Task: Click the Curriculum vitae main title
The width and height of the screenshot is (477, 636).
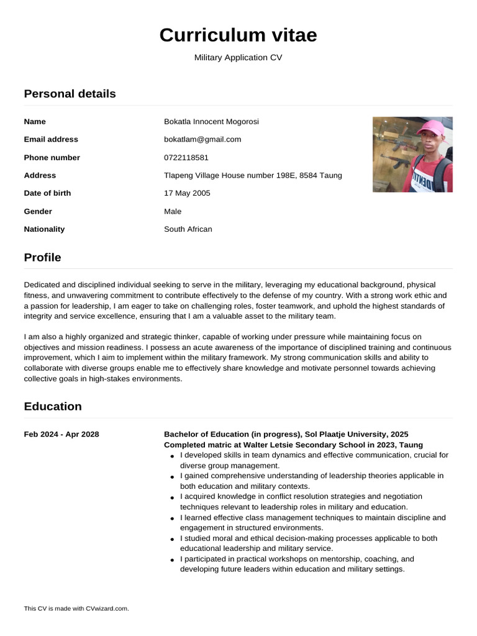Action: click(238, 35)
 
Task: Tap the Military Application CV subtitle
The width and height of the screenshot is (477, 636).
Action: click(238, 58)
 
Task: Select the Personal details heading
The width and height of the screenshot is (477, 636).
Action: click(70, 94)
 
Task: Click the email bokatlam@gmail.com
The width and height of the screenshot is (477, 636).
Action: click(202, 139)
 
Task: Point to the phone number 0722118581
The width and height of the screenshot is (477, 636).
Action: click(186, 157)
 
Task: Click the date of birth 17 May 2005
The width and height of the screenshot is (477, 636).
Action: click(187, 193)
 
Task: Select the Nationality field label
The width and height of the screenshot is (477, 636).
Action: click(44, 229)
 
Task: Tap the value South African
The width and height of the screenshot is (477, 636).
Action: click(188, 229)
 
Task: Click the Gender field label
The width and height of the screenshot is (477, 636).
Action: click(38, 211)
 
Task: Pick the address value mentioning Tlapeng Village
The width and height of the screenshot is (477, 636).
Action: click(253, 175)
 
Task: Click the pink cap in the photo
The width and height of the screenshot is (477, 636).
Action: click(430, 129)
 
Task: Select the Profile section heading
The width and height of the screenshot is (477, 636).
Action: click(42, 257)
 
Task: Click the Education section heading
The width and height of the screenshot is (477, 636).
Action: click(53, 406)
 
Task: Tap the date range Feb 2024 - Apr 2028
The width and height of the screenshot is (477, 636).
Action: click(61, 434)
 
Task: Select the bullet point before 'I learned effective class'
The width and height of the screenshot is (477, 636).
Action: click(171, 518)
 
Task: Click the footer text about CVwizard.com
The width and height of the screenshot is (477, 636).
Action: click(76, 608)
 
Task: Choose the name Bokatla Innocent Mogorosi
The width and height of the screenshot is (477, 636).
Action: click(211, 122)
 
